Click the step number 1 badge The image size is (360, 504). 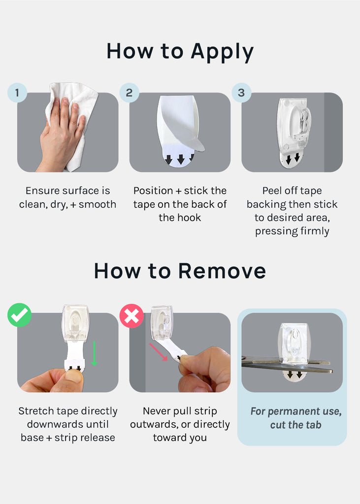pyautogui.click(x=17, y=93)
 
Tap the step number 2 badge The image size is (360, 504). pyautogui.click(x=130, y=93)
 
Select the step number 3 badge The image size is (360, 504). pyautogui.click(x=241, y=93)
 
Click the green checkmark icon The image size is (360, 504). pyautogui.click(x=20, y=315)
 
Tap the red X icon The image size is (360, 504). pyautogui.click(x=131, y=315)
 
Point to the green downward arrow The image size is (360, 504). pyautogui.click(x=94, y=353)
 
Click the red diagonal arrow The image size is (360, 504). pyautogui.click(x=158, y=352)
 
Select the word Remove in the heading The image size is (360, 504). pyautogui.click(x=222, y=271)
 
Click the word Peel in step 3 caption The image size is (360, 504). pyautogui.click(x=272, y=190)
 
